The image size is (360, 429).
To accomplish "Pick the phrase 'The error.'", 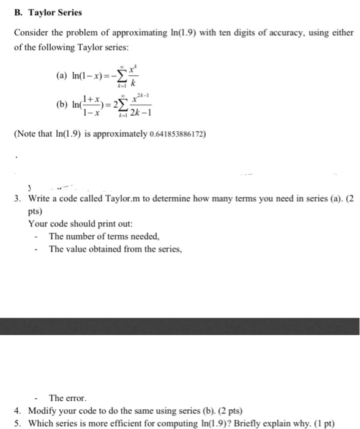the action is [65, 397].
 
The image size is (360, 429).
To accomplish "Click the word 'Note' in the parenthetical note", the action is [27, 131].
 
